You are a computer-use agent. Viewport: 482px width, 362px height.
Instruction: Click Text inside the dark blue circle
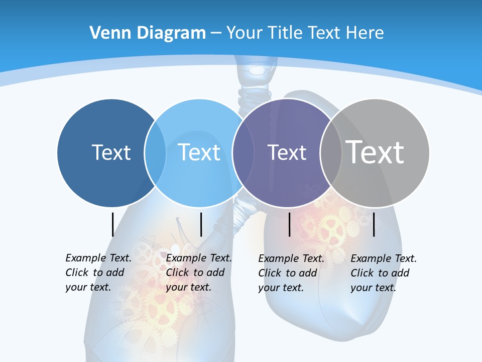[x=111, y=152]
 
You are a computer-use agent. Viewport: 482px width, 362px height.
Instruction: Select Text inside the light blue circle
[x=199, y=152]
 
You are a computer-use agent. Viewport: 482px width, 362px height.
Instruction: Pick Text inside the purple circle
[x=287, y=152]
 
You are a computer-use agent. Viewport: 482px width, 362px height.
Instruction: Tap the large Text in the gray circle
[x=375, y=152]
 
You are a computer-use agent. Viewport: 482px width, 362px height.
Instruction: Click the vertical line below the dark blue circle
[x=112, y=224]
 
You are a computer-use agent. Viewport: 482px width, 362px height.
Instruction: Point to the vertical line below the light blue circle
[x=201, y=224]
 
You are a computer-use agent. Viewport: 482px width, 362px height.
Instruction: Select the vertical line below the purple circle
[x=290, y=224]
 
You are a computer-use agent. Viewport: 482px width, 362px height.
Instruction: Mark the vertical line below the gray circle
[x=374, y=224]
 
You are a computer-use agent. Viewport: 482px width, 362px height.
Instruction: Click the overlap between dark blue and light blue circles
[x=155, y=153]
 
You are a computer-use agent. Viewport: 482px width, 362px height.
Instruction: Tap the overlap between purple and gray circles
[x=331, y=153]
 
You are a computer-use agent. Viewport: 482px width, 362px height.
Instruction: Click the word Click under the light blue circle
[x=177, y=273]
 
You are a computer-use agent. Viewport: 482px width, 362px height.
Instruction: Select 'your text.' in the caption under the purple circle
[x=281, y=288]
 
